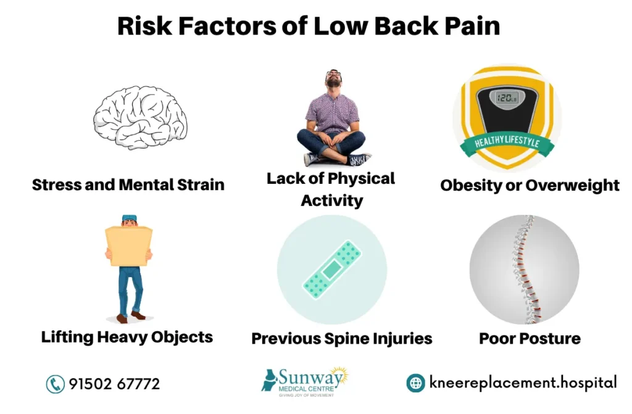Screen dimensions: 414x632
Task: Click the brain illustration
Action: tap(140, 117)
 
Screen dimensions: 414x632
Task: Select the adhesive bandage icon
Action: tap(332, 268)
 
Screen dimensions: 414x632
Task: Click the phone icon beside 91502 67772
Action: tap(56, 384)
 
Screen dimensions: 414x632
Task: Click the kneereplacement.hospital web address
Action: tap(522, 383)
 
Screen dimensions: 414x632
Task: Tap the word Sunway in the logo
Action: tap(307, 376)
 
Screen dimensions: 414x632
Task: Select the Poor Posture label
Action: tap(530, 339)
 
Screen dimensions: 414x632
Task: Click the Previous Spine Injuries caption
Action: tap(341, 339)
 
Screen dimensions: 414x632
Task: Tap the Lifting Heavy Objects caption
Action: tap(127, 337)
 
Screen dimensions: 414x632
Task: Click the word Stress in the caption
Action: tap(57, 184)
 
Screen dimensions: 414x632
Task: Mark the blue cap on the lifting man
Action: tap(128, 218)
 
